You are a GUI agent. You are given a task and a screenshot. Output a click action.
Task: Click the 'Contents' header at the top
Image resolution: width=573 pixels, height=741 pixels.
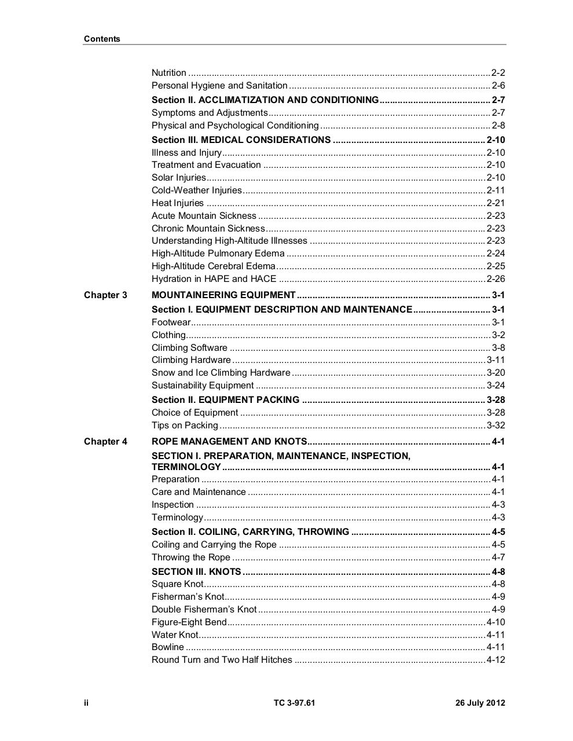(x=102, y=39)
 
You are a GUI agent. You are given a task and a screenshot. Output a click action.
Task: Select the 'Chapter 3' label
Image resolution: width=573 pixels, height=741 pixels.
(x=105, y=295)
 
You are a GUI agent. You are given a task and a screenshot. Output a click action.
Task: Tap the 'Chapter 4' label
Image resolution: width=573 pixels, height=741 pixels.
(x=105, y=442)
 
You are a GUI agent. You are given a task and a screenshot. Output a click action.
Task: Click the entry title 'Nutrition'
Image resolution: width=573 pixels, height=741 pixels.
(x=169, y=73)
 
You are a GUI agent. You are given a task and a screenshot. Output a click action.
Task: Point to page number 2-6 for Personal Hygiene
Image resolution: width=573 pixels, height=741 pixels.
(x=498, y=86)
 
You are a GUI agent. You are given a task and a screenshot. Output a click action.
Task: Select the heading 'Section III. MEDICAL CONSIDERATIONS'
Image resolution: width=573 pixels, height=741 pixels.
(x=241, y=140)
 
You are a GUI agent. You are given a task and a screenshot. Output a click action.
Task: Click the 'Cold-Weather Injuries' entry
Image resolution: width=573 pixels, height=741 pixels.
(x=197, y=190)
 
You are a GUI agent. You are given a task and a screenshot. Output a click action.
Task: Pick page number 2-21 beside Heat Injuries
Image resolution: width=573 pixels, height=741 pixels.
(x=495, y=203)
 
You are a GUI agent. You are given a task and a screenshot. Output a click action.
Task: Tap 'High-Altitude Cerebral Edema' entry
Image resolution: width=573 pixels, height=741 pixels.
(x=214, y=266)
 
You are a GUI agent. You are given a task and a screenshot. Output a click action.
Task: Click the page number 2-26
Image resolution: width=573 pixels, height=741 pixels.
(x=495, y=279)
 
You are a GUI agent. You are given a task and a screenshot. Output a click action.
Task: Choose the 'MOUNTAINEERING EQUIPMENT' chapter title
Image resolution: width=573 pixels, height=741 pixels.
(x=223, y=295)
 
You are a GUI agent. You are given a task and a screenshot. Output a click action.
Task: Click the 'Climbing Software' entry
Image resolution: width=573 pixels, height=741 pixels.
(x=189, y=348)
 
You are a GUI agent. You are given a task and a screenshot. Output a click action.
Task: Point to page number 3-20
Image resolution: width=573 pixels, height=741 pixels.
(x=495, y=373)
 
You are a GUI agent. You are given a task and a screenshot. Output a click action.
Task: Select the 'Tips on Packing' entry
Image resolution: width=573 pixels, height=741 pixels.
(x=185, y=425)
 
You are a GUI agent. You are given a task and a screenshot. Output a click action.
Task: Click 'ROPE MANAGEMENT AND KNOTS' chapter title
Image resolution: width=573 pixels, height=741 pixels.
(x=229, y=442)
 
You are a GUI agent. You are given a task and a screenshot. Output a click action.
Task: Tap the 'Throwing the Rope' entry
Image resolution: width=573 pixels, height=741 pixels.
(x=191, y=557)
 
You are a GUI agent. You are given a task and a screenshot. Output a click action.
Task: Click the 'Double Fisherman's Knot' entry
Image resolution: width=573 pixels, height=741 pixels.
(x=204, y=610)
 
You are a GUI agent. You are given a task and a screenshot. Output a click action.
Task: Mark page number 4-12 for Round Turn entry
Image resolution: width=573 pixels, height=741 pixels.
(x=495, y=660)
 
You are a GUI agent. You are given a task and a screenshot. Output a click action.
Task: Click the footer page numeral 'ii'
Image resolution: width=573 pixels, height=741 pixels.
(x=86, y=703)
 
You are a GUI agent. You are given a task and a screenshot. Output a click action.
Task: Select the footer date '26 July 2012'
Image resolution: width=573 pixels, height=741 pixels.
(x=480, y=703)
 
